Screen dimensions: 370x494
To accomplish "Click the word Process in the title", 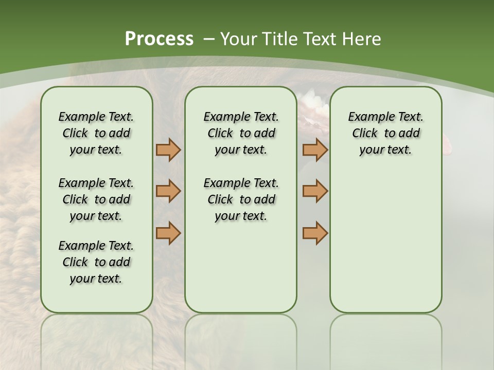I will click(159, 39).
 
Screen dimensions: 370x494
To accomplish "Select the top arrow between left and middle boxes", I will click(168, 150).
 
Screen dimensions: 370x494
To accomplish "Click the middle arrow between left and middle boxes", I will click(168, 191).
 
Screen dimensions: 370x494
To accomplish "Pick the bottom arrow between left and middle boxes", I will click(168, 233).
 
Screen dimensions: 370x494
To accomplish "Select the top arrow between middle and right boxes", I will click(315, 150).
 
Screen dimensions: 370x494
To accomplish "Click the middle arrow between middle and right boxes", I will click(315, 191).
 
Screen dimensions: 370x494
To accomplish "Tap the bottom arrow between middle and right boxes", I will click(315, 233).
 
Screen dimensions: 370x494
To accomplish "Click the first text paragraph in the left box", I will click(96, 133).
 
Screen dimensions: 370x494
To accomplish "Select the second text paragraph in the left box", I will click(96, 199).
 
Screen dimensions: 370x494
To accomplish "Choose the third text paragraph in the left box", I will click(96, 262).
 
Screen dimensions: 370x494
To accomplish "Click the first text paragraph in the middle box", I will click(241, 133).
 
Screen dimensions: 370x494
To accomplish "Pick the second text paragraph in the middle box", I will click(241, 199).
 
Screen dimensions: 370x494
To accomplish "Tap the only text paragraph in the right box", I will click(385, 133).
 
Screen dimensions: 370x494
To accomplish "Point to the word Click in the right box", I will click(365, 134).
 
